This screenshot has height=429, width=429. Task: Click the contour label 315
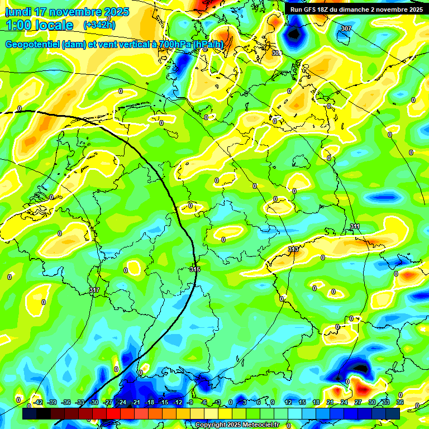coord(194,269)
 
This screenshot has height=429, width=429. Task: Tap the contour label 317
coord(94,290)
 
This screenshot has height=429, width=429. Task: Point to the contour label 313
coord(293,249)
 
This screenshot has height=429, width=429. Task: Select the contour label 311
coord(355,226)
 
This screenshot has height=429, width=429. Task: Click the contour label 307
coord(346,28)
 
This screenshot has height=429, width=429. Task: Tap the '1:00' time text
coord(20,25)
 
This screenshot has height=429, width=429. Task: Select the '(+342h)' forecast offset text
coord(99,25)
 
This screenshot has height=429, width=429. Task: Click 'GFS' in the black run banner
coord(309,9)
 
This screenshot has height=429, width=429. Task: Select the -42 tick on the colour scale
coord(38,402)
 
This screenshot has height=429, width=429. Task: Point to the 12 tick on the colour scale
coord(288,402)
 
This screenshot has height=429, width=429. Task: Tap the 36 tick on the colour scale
coord(400,402)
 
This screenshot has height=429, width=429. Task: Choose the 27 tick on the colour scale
coord(358,402)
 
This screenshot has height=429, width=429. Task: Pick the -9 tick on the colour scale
coord(190,402)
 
